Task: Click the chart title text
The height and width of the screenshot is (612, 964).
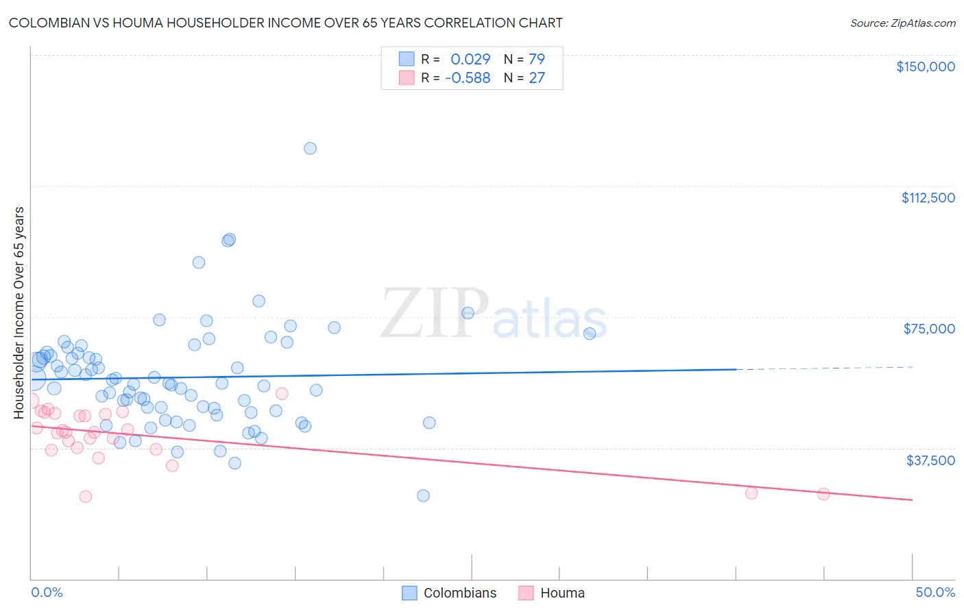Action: pyautogui.click(x=285, y=23)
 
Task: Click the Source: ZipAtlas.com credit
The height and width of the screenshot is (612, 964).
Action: pyautogui.click(x=902, y=23)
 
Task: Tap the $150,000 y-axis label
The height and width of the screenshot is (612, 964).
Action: pyautogui.click(x=925, y=67)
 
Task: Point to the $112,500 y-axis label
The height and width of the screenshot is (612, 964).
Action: pyautogui.click(x=928, y=198)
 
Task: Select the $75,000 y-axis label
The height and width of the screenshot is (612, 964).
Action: pyautogui.click(x=929, y=329)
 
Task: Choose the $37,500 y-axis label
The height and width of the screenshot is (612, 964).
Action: pyautogui.click(x=930, y=460)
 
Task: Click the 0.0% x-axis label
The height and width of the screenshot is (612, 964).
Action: pyautogui.click(x=47, y=592)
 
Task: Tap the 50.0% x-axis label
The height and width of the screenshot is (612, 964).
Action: pyautogui.click(x=935, y=592)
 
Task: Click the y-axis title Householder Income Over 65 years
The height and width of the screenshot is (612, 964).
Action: pyautogui.click(x=19, y=312)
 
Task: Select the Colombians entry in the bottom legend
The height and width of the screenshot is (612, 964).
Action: pyautogui.click(x=459, y=593)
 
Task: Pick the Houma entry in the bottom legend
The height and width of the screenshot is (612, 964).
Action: pyautogui.click(x=562, y=593)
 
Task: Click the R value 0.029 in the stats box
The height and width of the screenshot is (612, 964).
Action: pyautogui.click(x=470, y=59)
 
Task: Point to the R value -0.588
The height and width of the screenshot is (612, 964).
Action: pyautogui.click(x=468, y=78)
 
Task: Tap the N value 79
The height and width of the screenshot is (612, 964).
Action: pyautogui.click(x=536, y=59)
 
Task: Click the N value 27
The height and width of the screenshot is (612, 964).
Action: pyautogui.click(x=536, y=78)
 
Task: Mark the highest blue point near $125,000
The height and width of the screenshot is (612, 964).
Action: pyautogui.click(x=310, y=148)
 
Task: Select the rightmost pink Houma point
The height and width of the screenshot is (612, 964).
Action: pyautogui.click(x=823, y=494)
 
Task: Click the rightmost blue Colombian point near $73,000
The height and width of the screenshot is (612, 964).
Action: pyautogui.click(x=589, y=333)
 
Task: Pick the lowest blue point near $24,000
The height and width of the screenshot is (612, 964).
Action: pyautogui.click(x=423, y=495)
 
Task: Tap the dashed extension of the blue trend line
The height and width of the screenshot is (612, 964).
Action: pyautogui.click(x=823, y=368)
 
